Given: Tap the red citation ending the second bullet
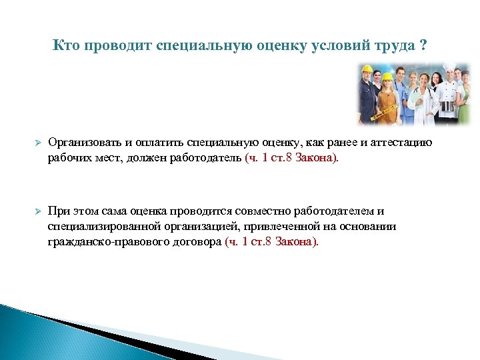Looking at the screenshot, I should (272, 242).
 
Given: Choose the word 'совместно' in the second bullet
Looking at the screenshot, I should (241, 211).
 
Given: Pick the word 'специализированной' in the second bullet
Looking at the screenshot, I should (97, 227).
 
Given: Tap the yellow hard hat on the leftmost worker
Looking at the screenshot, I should (367, 71).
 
